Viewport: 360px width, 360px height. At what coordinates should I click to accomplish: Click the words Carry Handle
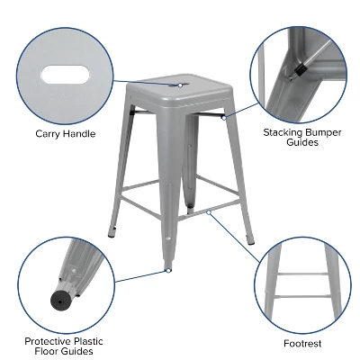pyautogui.click(x=65, y=134)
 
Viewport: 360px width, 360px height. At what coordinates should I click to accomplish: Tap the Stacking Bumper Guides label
pyautogui.click(x=301, y=136)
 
